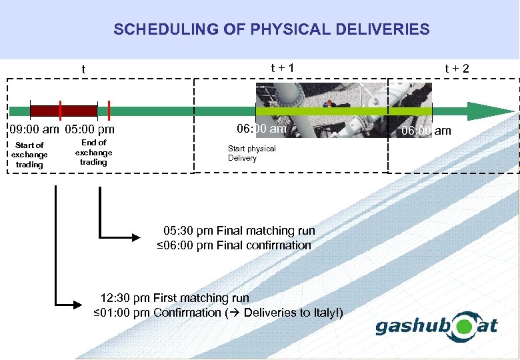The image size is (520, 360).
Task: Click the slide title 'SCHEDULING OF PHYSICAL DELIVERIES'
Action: click(271, 29)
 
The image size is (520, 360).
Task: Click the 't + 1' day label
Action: click(282, 68)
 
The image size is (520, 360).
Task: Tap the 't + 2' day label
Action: click(457, 68)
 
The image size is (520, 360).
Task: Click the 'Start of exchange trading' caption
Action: click(29, 155)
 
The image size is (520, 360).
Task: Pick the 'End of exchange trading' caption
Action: click(93, 152)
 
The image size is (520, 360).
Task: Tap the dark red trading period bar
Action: click(63, 111)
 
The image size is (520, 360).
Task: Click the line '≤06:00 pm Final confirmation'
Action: click(234, 245)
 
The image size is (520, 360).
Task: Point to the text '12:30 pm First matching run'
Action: click(175, 298)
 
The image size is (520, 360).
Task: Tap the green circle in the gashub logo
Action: click(465, 327)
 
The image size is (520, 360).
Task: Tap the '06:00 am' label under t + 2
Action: click(426, 131)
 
